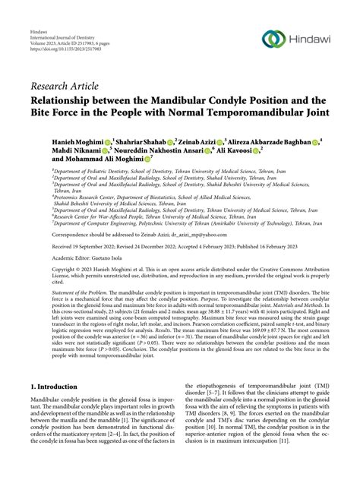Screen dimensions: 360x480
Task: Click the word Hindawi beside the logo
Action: click(308, 39)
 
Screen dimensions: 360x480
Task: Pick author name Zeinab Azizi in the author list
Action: click(223, 141)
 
